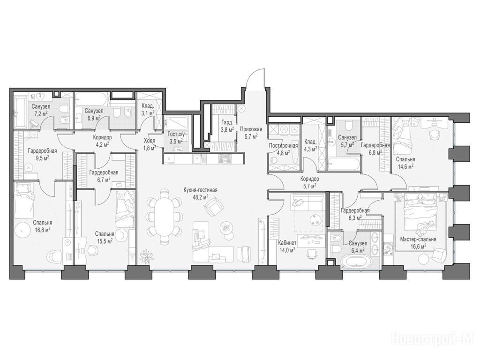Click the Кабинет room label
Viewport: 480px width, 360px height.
pyautogui.click(x=287, y=243)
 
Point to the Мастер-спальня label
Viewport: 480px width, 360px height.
pyautogui.click(x=418, y=240)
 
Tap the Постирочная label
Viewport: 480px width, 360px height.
pyautogui.click(x=283, y=146)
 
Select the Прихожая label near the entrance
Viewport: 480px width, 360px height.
pyautogui.click(x=251, y=129)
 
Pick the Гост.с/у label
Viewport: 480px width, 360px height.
pyautogui.click(x=175, y=134)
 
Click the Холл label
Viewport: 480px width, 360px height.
pyautogui.click(x=150, y=141)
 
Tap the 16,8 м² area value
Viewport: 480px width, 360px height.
pyautogui.click(x=43, y=229)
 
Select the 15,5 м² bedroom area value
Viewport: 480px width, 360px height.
pyautogui.click(x=105, y=240)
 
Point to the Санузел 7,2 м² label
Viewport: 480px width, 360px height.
pyautogui.click(x=41, y=110)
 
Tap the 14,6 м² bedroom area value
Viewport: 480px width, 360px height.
pyautogui.click(x=405, y=166)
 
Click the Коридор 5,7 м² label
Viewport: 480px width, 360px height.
pyautogui.click(x=309, y=182)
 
